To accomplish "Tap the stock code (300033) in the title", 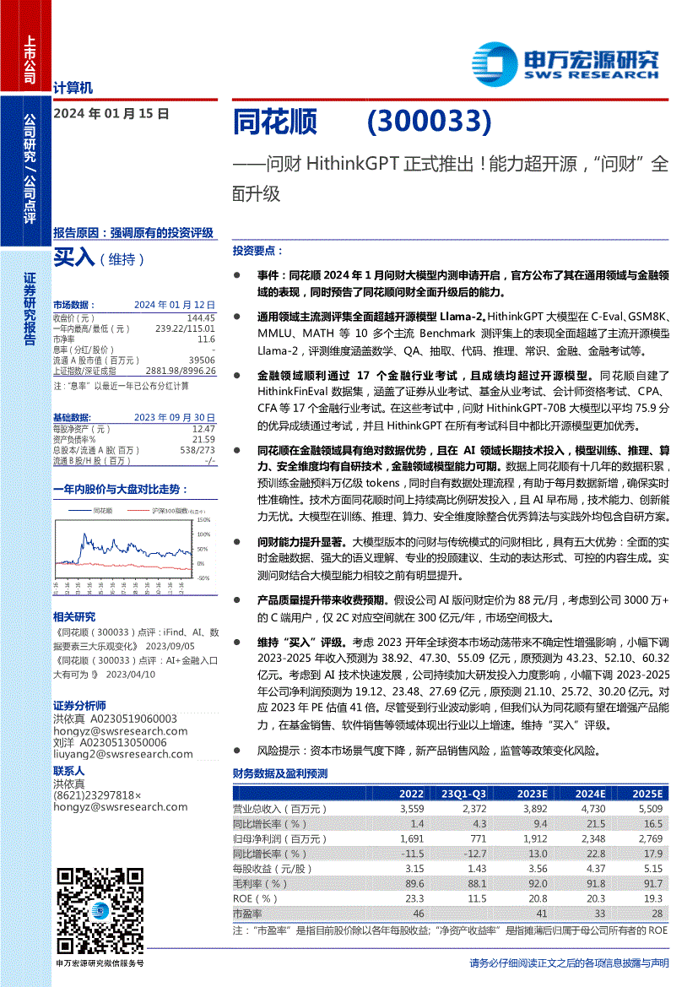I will tap(429, 123).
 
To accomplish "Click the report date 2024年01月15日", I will tap(111, 112).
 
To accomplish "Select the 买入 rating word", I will tap(74, 258).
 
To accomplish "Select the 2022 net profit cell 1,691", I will tap(410, 838).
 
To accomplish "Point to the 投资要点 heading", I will tap(257, 251).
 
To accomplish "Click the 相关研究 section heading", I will tap(74, 616).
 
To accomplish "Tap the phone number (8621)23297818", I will tap(95, 794).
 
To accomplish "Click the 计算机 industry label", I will tap(73, 87).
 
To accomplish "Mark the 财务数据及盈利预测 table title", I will tap(279, 773).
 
